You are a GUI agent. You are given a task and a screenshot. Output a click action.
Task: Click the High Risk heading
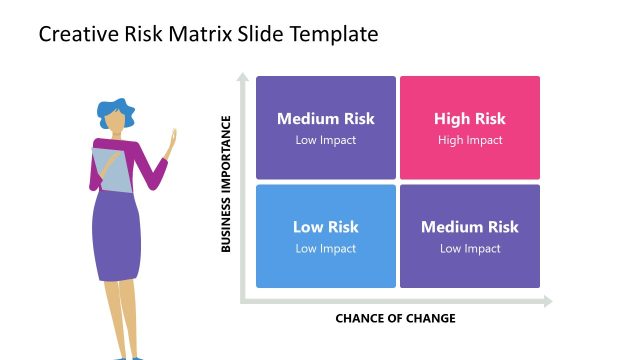pyautogui.click(x=470, y=119)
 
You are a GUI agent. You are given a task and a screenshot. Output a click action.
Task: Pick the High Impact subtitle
pyautogui.click(x=470, y=140)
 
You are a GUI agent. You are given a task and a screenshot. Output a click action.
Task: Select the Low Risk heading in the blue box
pyautogui.click(x=326, y=227)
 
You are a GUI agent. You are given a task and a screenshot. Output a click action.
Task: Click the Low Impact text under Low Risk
pyautogui.click(x=326, y=248)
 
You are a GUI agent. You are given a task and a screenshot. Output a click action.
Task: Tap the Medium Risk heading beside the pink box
pyautogui.click(x=326, y=119)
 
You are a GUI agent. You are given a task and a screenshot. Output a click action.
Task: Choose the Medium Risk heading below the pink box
pyautogui.click(x=470, y=227)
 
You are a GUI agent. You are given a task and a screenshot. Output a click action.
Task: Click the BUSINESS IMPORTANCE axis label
pyautogui.click(x=226, y=183)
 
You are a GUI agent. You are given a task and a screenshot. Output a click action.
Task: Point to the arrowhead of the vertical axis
pyautogui.click(x=241, y=75)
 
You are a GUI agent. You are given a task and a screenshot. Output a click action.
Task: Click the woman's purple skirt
pyautogui.click(x=117, y=235)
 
